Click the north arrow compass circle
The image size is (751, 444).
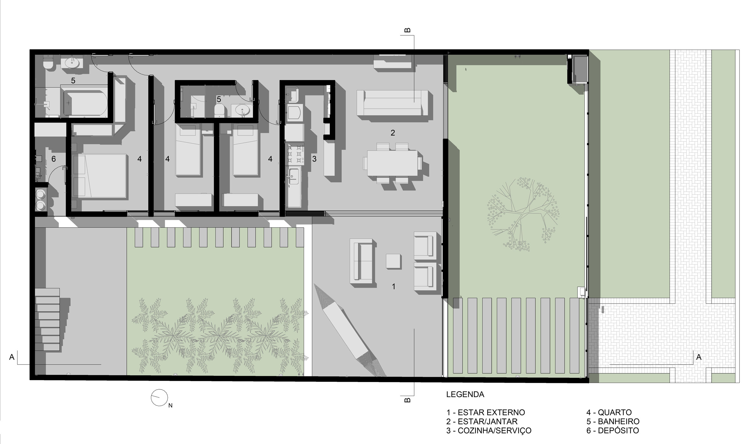pyautogui.click(x=159, y=397)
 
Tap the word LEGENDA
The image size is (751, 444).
pyautogui.click(x=465, y=394)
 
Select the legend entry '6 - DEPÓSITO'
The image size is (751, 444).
pyautogui.click(x=612, y=431)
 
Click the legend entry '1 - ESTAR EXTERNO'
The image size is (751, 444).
pyautogui.click(x=486, y=413)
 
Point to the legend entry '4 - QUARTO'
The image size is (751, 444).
pyautogui.click(x=609, y=413)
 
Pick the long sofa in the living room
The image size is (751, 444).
pyautogui.click(x=393, y=103)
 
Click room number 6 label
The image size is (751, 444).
pyautogui.click(x=54, y=159)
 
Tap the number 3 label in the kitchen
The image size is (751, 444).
pyautogui.click(x=314, y=159)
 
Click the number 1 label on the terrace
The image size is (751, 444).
pyautogui.click(x=394, y=286)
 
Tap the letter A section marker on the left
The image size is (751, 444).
pyautogui.click(x=12, y=357)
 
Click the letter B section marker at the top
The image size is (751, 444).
pyautogui.click(x=408, y=31)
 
